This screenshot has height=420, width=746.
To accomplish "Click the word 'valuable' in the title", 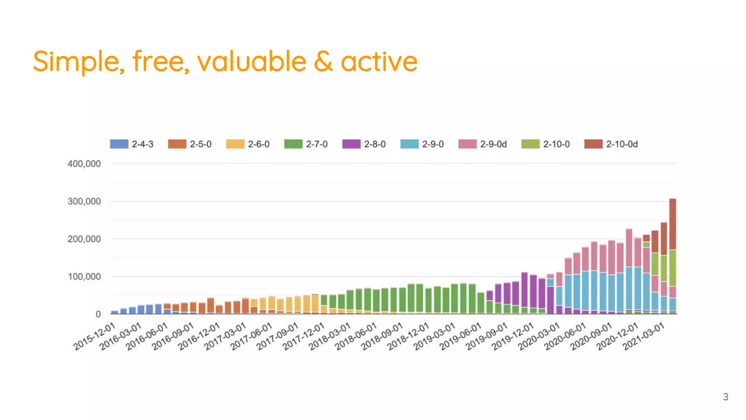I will (251, 61).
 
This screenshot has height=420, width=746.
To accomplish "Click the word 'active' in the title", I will (379, 61).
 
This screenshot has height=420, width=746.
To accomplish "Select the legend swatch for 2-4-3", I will (119, 144).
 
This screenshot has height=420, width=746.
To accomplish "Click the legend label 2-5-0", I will (200, 144).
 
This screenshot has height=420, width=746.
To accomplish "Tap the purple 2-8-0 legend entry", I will (364, 144).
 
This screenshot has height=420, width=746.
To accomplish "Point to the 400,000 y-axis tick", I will (84, 164).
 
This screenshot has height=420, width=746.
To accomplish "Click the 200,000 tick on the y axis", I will (84, 239).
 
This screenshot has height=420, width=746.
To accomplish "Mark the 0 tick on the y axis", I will (98, 314).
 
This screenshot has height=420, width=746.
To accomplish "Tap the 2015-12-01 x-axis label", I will (95, 336).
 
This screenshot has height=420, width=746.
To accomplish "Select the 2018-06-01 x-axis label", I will (356, 336).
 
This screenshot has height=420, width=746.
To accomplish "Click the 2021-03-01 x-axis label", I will (644, 336).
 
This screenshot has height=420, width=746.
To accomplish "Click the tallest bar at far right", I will (672, 255).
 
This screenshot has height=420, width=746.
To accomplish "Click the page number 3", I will (725, 397).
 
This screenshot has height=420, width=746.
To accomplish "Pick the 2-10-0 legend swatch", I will (530, 144).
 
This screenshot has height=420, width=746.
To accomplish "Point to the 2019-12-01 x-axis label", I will (513, 336).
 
